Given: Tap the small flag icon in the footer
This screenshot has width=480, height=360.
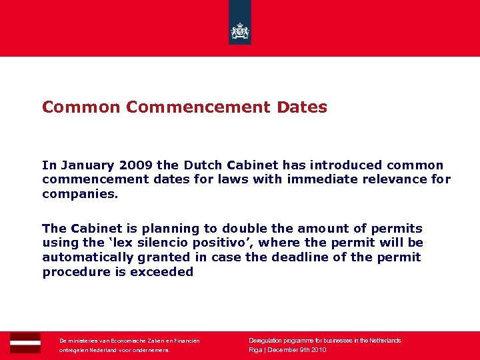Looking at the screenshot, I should point(25,342).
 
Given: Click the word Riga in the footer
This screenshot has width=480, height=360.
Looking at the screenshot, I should point(255,350).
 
